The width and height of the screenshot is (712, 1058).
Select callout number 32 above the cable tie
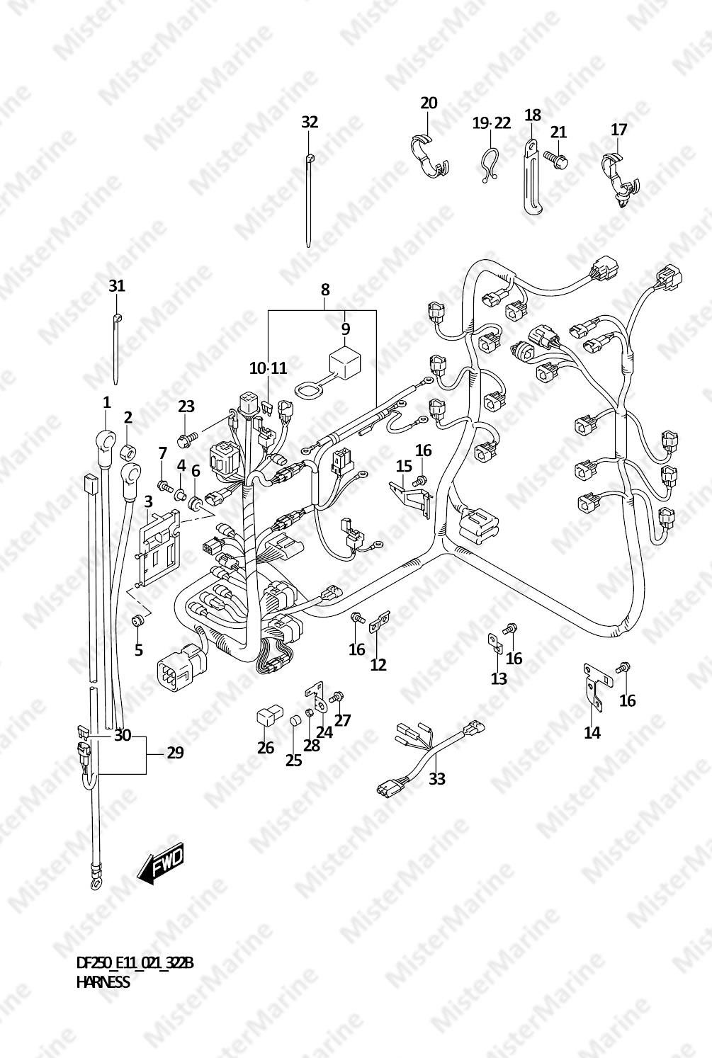point(310,122)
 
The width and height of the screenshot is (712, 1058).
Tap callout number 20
point(429,103)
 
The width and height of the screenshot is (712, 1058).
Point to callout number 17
point(618,130)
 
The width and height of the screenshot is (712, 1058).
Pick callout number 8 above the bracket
point(324,289)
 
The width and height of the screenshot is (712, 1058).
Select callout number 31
point(117,285)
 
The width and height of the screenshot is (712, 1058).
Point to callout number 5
point(138,649)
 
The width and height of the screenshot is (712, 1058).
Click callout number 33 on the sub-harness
point(437,778)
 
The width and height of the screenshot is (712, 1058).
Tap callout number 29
point(175,753)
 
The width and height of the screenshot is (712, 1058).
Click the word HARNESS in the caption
point(103,982)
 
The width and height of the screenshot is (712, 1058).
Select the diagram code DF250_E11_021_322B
point(135,963)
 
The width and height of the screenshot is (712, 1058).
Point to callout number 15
point(403,465)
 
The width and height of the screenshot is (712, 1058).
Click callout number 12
point(378,664)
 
